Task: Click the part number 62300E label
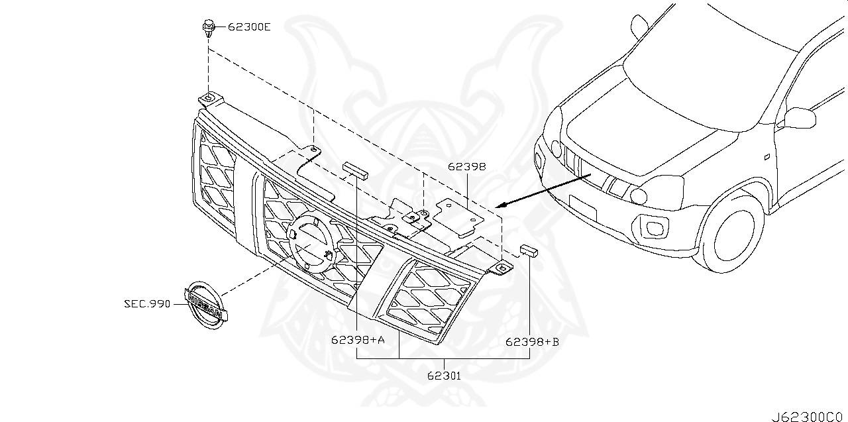tap(249, 27)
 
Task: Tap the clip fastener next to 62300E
tap(208, 27)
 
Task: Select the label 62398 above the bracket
tap(466, 167)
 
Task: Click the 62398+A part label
tap(358, 341)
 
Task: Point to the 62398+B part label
tap(532, 342)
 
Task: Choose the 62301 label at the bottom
tap(443, 375)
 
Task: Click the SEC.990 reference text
tap(147, 304)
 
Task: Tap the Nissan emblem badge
tap(205, 305)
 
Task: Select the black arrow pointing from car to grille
tap(543, 189)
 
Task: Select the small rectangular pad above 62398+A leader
tap(355, 168)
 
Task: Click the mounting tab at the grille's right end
tap(502, 268)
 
